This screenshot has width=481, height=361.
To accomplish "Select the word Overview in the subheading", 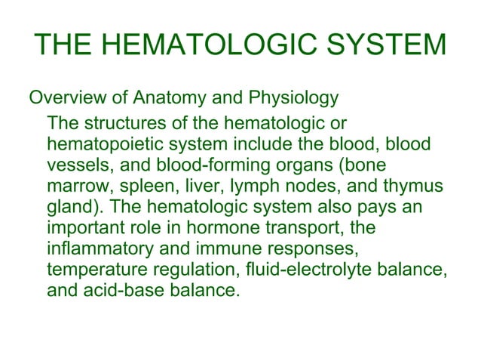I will [63, 98].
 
